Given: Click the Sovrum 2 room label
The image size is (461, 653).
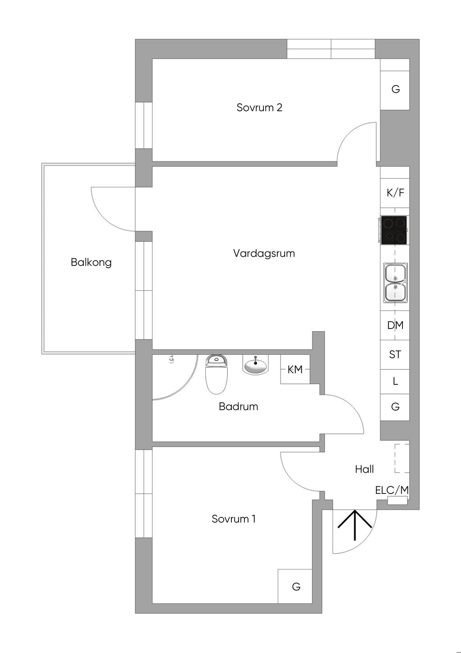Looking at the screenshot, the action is coord(259,108).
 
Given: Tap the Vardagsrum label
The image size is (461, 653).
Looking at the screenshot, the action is coord(264,253).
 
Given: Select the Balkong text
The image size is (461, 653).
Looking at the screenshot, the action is coord(91,263).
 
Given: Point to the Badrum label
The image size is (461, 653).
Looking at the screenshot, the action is coord(238,406).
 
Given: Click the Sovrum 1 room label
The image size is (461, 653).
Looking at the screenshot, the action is coord(234,519).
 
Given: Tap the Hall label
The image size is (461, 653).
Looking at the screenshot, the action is coord(364,469).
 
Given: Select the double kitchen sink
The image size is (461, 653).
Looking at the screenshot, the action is coord(395,283).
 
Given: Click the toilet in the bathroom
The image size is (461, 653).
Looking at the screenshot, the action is coord(217,374).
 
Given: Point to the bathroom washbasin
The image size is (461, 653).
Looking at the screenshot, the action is coord(255,365).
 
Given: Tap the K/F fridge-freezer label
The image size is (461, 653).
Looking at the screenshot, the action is coord(395,193).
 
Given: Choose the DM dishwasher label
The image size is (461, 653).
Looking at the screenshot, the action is coord(395,325).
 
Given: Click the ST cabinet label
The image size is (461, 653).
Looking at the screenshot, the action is coord(395,355).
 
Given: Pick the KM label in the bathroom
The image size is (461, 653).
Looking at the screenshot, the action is coord(295,370).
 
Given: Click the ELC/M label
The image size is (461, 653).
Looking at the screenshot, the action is coord(392,490).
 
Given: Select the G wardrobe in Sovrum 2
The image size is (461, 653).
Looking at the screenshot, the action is coord(395,89).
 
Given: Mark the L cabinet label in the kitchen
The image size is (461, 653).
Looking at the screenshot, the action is coord(395,381).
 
